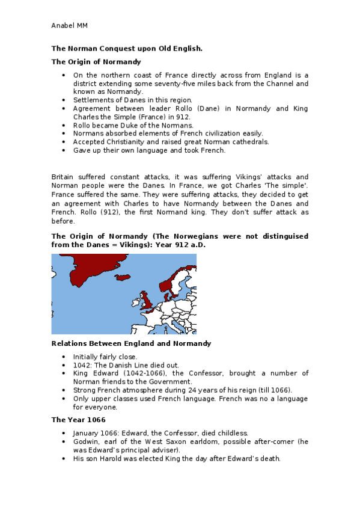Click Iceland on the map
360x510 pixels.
pos(123,278)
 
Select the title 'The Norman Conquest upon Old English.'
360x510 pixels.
pos(127,48)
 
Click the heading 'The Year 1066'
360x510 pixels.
pos(76,420)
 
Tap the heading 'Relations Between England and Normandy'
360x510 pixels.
pos(131,343)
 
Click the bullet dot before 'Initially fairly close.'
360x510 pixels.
pos(64,357)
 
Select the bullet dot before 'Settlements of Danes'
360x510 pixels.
pos(64,100)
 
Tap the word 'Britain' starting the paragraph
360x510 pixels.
pos(64,176)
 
